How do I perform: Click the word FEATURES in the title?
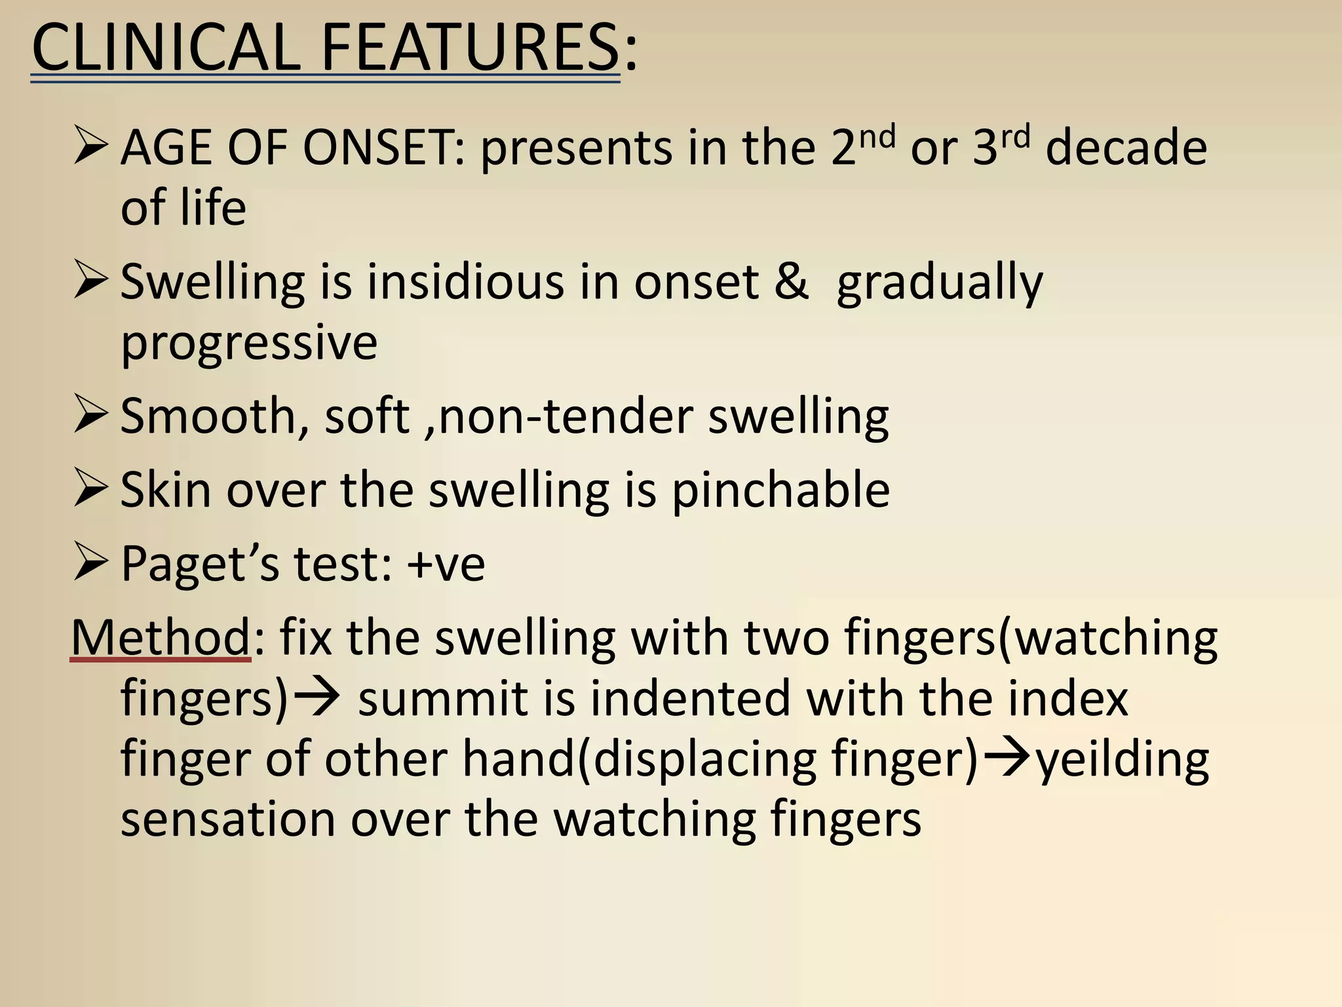[x=469, y=47]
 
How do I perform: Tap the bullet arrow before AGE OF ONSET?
[x=90, y=146]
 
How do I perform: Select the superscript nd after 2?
[x=878, y=136]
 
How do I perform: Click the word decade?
[x=1126, y=147]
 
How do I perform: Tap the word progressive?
[x=249, y=344]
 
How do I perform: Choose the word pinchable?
[x=780, y=490]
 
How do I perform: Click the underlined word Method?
[x=161, y=637]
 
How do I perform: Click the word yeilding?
[x=1122, y=760]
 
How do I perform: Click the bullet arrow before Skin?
[x=90, y=488]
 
